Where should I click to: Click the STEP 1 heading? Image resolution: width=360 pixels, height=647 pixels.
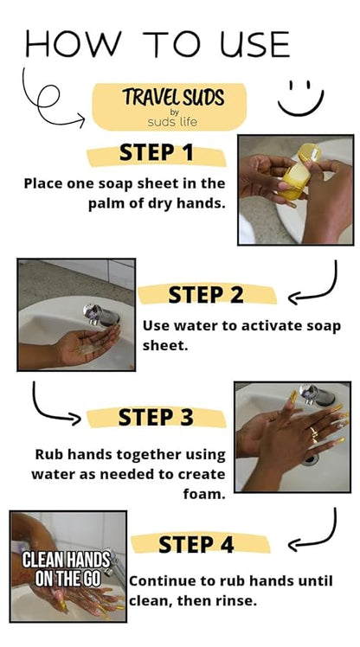(x=156, y=153)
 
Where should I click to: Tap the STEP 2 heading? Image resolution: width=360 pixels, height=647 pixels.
(x=206, y=295)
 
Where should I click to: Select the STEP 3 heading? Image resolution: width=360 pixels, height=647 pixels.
(x=156, y=417)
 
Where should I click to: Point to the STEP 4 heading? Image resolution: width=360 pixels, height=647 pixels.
(x=196, y=544)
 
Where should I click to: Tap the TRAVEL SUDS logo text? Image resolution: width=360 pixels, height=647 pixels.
(x=173, y=97)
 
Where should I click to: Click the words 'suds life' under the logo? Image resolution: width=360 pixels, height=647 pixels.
(x=172, y=122)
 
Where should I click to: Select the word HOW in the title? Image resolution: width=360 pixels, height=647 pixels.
(x=74, y=44)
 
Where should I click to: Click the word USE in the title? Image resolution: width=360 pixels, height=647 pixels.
(x=254, y=44)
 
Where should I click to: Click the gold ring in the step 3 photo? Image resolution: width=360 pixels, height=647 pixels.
(x=314, y=433)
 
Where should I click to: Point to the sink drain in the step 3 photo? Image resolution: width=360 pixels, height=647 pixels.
(x=310, y=460)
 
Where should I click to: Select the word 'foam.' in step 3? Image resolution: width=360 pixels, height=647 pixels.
(x=204, y=494)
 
